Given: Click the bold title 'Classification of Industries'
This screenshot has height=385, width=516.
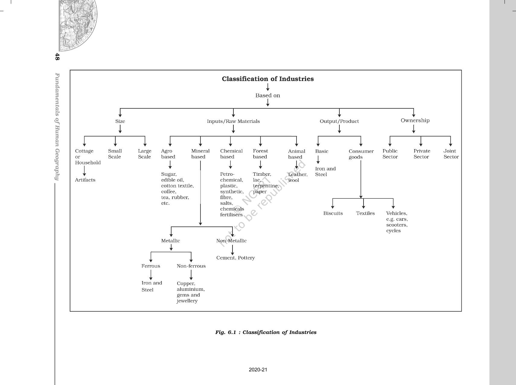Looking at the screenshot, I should tap(268, 79).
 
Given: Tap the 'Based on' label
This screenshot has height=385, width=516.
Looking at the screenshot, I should tap(268, 95).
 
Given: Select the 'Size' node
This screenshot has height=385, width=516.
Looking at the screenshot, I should tap(120, 121).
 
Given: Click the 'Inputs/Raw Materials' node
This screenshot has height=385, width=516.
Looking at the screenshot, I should tap(233, 121).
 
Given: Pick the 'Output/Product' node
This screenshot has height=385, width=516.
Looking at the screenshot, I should tap(339, 121).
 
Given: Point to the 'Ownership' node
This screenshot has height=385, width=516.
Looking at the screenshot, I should tap(415, 120).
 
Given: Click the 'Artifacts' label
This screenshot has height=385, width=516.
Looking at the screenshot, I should tap(85, 180).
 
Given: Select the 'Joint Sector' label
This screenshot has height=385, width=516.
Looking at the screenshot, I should tap(451, 154).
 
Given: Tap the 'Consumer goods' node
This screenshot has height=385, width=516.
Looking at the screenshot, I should tap(361, 154).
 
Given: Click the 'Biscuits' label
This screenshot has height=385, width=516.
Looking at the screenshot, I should tap(333, 213).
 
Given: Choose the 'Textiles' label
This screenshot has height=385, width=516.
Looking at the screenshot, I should tap(365, 213).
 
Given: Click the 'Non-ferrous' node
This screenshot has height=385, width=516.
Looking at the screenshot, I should tap(191, 266).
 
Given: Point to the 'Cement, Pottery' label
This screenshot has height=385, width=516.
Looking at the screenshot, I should tap(236, 258).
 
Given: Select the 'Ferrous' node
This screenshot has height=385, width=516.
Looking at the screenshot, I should tap(151, 266).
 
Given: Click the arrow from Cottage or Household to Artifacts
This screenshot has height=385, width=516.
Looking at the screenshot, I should tap(84, 171).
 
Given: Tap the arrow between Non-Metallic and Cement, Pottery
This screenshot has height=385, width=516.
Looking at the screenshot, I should tap(232, 250).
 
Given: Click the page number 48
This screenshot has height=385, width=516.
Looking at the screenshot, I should tap(57, 56).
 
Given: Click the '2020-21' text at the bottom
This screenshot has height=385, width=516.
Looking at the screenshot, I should tap(258, 370).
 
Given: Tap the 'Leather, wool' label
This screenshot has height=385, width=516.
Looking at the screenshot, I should tap(297, 177).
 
